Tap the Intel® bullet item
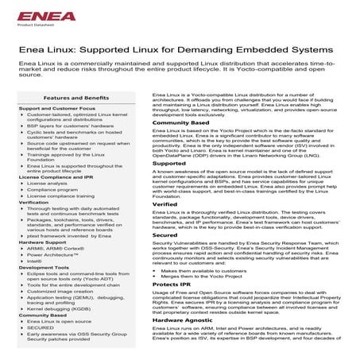pyautogui.click(x=33, y=260)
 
